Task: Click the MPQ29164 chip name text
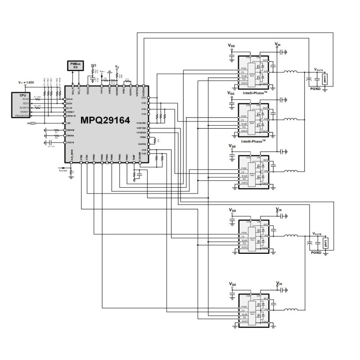click(105, 121)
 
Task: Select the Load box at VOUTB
click(324, 243)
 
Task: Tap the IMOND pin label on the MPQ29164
click(71, 130)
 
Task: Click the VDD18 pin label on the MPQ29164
click(70, 142)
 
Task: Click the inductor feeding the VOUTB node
click(290, 236)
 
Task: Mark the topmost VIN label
click(277, 44)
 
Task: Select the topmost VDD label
click(231, 46)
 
